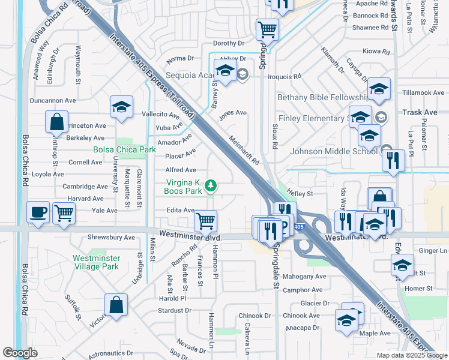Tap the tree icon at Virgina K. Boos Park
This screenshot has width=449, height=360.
(210, 187)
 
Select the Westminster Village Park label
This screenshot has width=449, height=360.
(96, 262)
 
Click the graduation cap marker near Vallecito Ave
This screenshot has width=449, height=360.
(121, 107)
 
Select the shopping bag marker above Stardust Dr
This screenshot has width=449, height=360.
(116, 305)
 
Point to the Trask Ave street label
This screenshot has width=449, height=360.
(420, 112)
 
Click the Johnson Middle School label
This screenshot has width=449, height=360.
(334, 151)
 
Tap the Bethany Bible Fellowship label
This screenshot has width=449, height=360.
(322, 97)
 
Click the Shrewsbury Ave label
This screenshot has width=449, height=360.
(112, 237)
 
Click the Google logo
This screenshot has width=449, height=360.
(20, 353)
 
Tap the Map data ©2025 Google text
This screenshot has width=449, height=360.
(412, 355)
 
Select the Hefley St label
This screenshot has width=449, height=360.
(300, 194)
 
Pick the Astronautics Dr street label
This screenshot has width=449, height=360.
(110, 353)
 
